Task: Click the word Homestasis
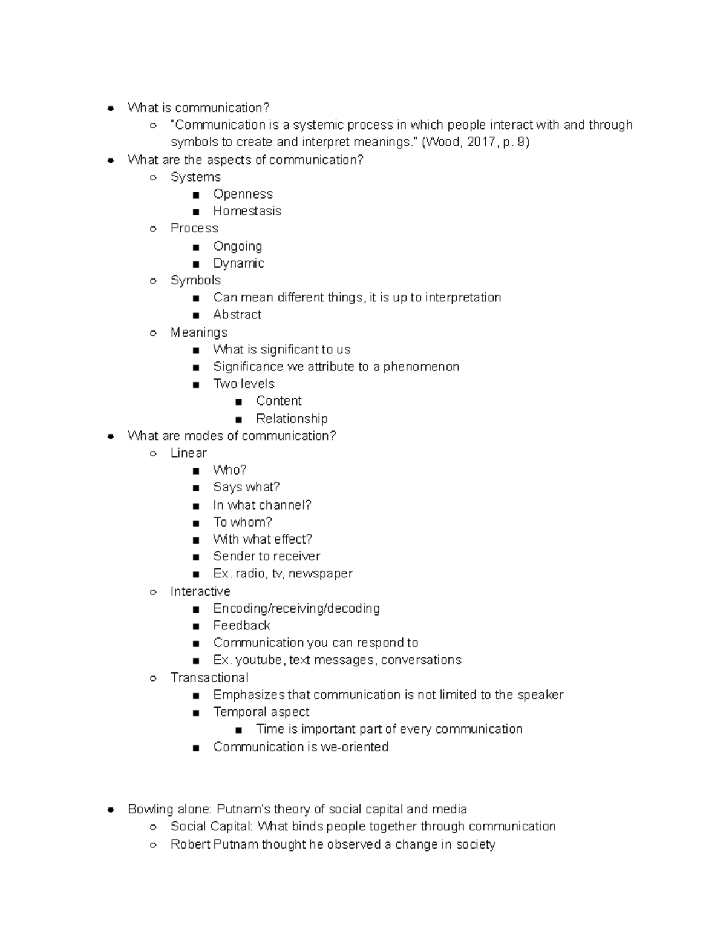tap(247, 211)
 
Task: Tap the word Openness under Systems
tap(243, 194)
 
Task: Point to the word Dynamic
tap(238, 263)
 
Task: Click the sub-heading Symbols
tap(195, 280)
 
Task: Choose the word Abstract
tap(237, 315)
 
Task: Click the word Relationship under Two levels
tap(292, 419)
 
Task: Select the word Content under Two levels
tap(278, 401)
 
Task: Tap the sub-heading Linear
tap(188, 453)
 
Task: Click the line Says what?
tap(246, 487)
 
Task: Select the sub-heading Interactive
tap(200, 591)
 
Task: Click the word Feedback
tap(241, 625)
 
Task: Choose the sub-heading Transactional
tap(209, 677)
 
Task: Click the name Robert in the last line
tap(189, 844)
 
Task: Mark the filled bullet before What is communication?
tap(110, 108)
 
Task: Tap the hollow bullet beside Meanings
tap(153, 333)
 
